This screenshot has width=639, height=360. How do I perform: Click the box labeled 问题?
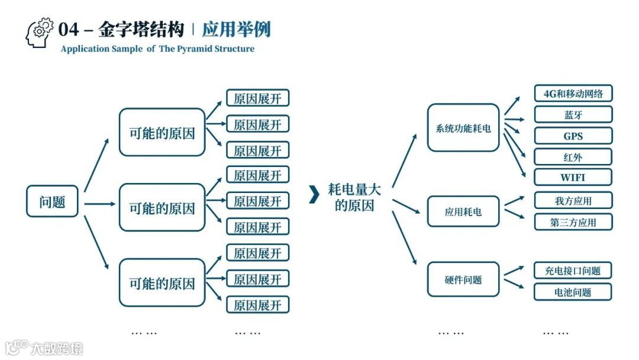52,201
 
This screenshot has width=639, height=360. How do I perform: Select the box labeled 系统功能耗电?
463,127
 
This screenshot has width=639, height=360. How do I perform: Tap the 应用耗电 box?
463,211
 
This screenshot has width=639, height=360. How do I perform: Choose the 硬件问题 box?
463,279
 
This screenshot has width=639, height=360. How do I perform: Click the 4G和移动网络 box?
573,94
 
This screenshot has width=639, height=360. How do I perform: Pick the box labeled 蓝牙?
573,114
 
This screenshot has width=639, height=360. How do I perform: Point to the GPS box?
573,136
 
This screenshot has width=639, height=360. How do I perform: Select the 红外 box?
573,157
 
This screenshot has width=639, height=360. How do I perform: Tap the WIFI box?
573,177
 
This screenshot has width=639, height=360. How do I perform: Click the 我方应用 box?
573,201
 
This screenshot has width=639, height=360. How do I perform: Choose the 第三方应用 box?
573,222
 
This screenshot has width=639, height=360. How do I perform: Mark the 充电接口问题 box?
573,271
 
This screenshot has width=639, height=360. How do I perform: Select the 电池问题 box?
573,292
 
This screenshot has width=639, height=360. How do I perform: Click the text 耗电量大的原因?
354,197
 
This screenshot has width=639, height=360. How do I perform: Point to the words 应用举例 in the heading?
236,29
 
